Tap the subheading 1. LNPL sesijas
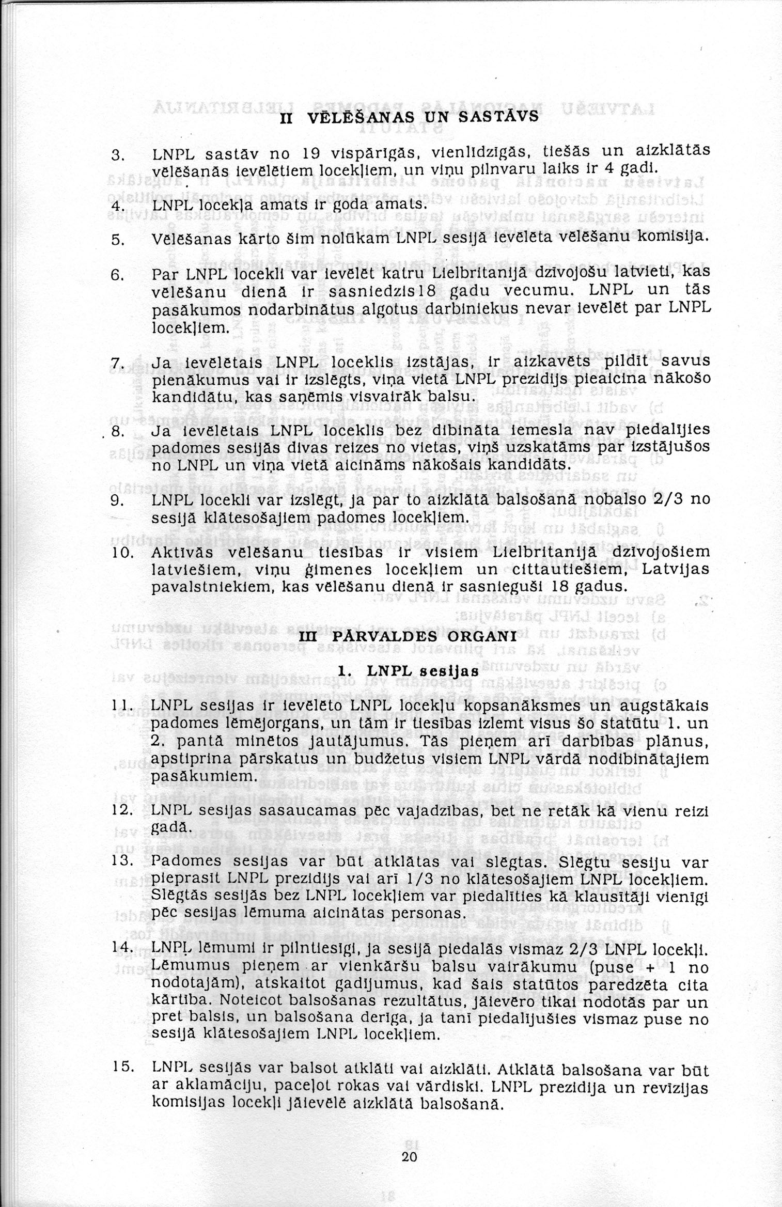(x=408, y=672)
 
